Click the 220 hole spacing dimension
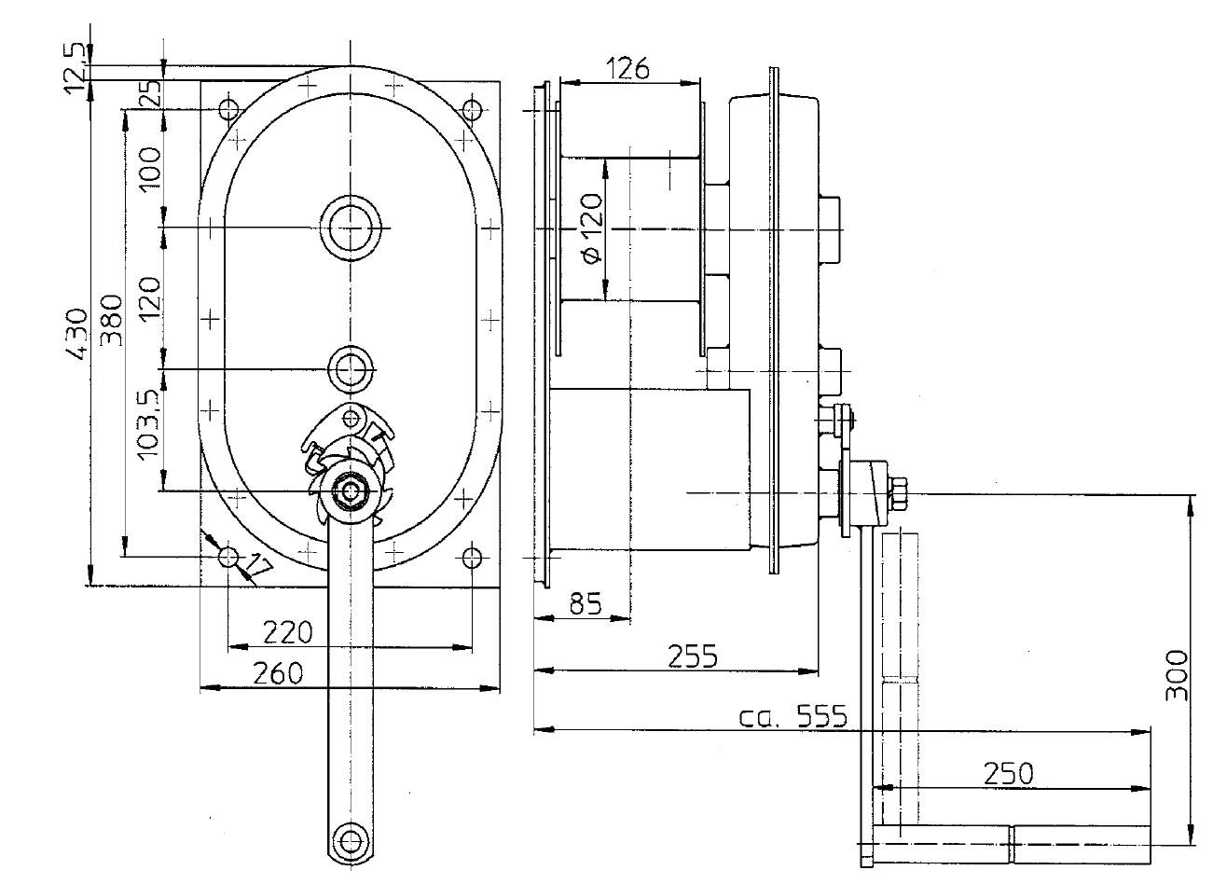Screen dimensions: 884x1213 (287, 633)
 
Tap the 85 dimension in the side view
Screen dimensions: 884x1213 (584, 604)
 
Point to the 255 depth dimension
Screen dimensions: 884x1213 (693, 656)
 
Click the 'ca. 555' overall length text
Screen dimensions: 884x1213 (793, 717)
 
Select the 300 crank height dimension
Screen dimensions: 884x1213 (1177, 676)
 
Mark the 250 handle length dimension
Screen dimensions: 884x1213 (1008, 773)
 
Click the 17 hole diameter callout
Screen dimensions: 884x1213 (260, 565)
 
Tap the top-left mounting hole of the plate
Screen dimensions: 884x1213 (228, 109)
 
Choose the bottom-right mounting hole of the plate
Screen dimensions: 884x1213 (473, 558)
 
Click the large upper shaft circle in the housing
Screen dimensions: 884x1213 (351, 228)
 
